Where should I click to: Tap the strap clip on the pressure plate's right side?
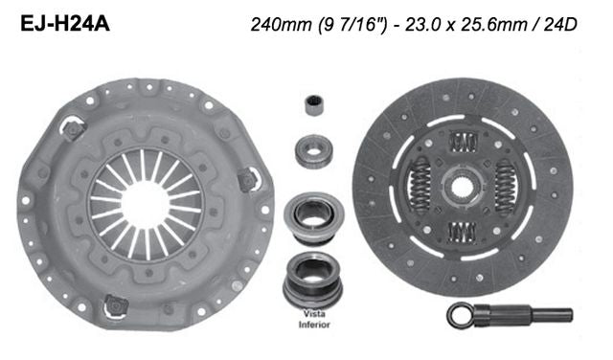tap(247, 178)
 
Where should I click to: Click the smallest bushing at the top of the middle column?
tap(312, 104)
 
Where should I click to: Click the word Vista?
tap(313, 315)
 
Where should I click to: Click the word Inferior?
tap(313, 325)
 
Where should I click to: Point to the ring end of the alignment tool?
tap(459, 314)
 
